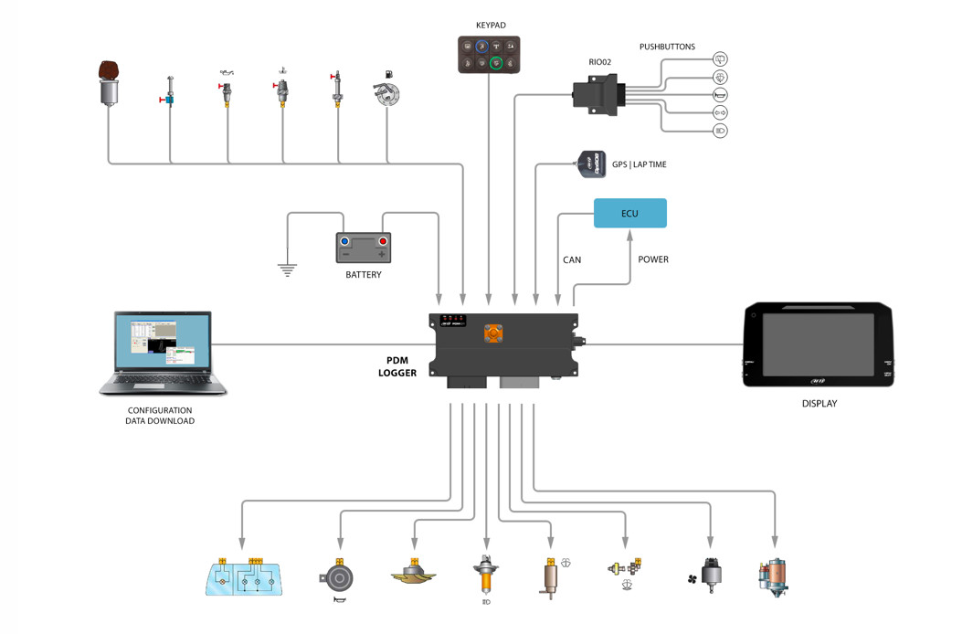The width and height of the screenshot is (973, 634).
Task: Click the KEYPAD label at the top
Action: point(490,26)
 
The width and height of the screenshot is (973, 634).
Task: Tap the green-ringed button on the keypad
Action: point(497,63)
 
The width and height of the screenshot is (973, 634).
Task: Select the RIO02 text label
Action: point(599,62)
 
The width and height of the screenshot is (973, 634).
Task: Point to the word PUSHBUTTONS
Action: point(667,47)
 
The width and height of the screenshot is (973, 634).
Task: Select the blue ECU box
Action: point(629,214)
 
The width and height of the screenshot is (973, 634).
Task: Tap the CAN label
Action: point(572,260)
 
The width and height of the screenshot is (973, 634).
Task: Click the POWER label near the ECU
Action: point(653,259)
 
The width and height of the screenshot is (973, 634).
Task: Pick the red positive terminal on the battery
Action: point(382,242)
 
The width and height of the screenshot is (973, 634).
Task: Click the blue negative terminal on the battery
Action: point(344,242)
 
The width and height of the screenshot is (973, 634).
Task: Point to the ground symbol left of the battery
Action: point(287,269)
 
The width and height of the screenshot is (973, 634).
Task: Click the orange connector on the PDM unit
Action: point(493,334)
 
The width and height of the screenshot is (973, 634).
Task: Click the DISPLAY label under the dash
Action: point(819,403)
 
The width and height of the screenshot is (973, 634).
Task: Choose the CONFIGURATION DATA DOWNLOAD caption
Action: point(160,416)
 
